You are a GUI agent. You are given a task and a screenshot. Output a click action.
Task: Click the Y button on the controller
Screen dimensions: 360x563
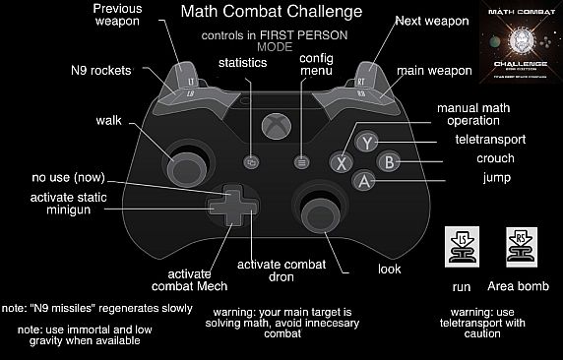(366, 142)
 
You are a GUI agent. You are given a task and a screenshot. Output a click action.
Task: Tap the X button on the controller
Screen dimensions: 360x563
(343, 161)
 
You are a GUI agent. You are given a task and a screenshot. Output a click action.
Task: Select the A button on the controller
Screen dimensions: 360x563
(364, 181)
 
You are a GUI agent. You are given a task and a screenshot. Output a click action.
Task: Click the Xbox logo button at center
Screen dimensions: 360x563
(276, 124)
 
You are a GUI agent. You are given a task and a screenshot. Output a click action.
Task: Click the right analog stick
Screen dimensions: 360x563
(319, 210)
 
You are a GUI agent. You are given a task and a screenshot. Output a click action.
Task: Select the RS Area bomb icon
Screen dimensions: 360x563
(520, 247)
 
